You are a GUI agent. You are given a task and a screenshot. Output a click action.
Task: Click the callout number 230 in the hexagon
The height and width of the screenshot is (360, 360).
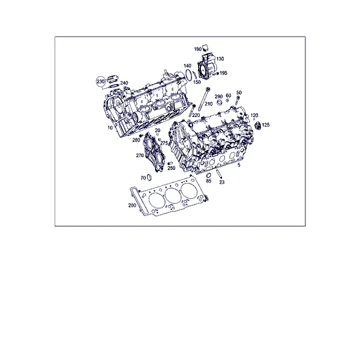pos(100,82)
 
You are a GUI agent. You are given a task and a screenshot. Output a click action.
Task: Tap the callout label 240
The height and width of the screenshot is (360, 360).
pos(124,83)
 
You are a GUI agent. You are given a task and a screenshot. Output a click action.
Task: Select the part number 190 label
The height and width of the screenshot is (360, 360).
pos(197,49)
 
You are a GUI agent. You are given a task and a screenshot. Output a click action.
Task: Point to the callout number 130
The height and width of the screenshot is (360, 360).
pos(220,59)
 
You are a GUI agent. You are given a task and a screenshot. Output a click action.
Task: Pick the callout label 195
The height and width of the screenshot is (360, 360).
pos(223,73)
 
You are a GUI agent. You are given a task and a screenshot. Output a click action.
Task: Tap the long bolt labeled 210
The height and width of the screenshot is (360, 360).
pos(203,99)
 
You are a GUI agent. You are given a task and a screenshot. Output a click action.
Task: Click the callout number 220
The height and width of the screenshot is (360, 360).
pos(196,115)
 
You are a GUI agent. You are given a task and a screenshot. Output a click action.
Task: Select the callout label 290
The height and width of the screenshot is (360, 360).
pos(218,97)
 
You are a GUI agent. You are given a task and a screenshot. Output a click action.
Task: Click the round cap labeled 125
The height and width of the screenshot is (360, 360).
pos(257,126)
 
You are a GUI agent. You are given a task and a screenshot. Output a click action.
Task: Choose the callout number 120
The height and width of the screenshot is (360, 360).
pos(254,115)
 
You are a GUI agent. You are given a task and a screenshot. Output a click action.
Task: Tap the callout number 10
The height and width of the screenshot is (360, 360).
pos(110,128)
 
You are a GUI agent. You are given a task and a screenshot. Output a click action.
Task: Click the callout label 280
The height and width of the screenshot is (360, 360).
pos(136,140)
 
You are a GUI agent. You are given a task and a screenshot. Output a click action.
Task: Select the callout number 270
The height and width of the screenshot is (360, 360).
pos(140,155)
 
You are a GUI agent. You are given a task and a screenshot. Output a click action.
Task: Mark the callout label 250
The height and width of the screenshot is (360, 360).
pos(171,168)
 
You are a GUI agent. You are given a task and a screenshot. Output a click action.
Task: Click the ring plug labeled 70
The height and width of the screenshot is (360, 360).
pos(149,177)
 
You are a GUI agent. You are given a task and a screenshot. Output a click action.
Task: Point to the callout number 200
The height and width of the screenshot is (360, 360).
pos(132,205)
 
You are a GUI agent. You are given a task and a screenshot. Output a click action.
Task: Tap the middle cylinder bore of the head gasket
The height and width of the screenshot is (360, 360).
pos(173,196)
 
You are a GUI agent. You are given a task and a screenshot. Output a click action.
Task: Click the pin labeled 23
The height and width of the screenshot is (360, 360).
pos(219,173)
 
